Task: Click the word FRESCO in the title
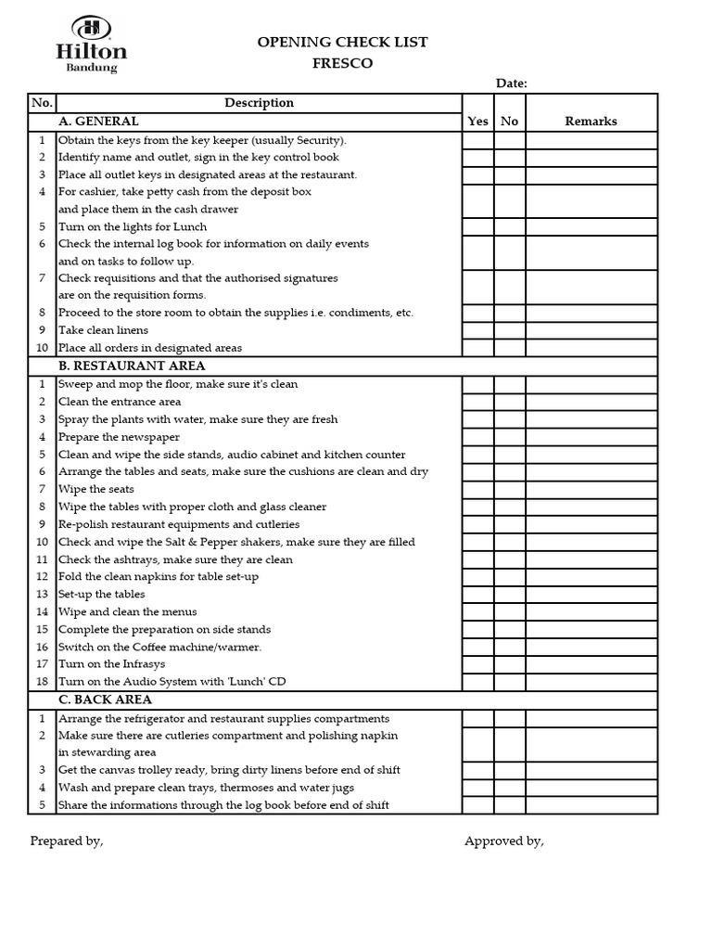coord(342,64)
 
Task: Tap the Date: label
coord(512,83)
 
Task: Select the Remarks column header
coord(591,121)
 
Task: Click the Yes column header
coord(477,121)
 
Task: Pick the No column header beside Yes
coord(509,121)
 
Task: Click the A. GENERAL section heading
coord(98,121)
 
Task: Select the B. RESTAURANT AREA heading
coord(132,366)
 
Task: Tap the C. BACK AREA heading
coord(105,700)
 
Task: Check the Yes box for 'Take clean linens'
coord(477,330)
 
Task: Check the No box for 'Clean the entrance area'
coord(509,402)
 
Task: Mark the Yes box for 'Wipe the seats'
coord(477,489)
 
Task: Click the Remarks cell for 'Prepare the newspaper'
coord(591,437)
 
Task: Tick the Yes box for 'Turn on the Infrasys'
coord(477,664)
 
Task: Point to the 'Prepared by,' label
coord(67,841)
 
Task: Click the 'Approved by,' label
coord(503,841)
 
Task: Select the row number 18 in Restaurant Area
coord(42,682)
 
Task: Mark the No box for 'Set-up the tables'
coord(509,594)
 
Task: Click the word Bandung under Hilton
coord(92,68)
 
